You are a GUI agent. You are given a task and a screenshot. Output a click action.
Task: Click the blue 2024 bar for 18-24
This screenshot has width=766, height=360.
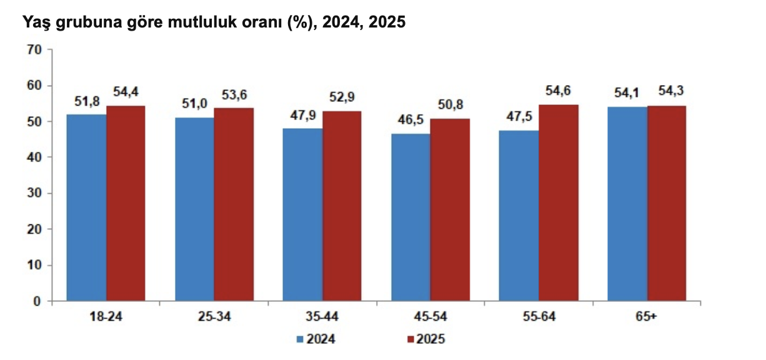(x=86, y=207)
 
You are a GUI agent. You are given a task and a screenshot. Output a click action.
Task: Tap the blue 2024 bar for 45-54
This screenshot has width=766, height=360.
(x=410, y=217)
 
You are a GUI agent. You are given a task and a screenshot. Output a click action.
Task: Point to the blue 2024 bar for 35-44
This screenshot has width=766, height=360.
(x=302, y=214)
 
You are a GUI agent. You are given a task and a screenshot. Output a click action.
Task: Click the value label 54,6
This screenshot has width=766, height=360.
(x=559, y=91)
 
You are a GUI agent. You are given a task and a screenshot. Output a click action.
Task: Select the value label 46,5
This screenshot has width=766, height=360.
(x=410, y=120)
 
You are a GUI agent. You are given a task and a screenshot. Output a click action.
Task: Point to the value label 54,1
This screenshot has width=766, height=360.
(x=626, y=94)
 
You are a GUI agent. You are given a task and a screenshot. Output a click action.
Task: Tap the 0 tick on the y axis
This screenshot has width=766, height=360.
(x=37, y=301)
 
